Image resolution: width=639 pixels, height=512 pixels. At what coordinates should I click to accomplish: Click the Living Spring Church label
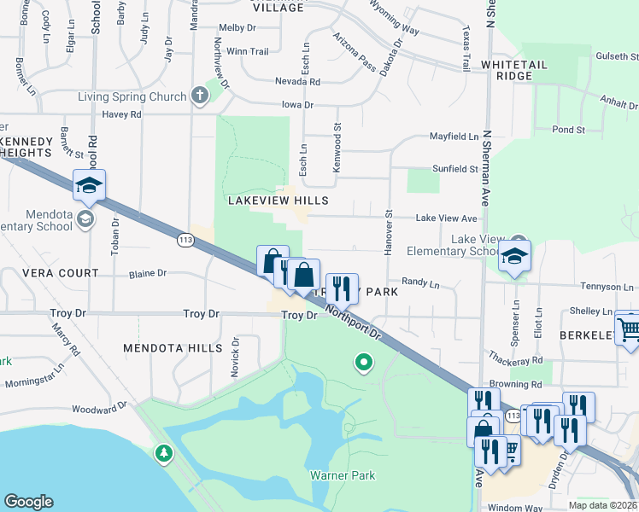[x=132, y=96]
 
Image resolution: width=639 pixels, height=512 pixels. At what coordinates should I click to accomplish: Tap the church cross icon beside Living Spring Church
[x=200, y=94]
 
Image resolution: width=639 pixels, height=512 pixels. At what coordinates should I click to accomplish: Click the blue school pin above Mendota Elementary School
[x=90, y=185]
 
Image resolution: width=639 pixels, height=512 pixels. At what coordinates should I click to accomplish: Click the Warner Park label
[x=342, y=474]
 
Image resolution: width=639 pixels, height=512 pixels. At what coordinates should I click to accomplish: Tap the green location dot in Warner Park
[x=364, y=364]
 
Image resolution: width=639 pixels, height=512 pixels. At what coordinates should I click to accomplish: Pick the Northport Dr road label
[x=357, y=327]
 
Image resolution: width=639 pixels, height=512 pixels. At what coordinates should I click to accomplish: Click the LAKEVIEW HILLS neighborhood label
[x=278, y=200]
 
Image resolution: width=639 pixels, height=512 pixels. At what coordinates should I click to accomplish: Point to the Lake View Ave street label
[x=446, y=218]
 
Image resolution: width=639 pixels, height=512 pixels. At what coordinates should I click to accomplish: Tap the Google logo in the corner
[x=29, y=501]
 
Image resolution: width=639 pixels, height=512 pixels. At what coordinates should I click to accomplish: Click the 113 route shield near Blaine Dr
[x=185, y=241]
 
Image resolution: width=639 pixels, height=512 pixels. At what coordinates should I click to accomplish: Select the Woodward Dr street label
[x=99, y=410]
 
